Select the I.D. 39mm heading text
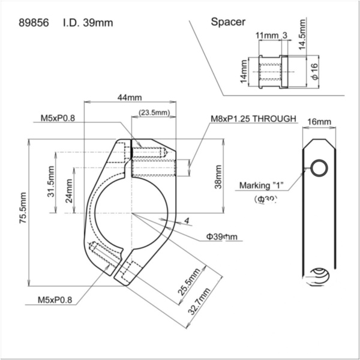87,23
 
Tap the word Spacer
228,22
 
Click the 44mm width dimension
130,98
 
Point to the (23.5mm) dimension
154,112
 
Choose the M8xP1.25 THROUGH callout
253,119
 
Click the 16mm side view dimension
319,122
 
